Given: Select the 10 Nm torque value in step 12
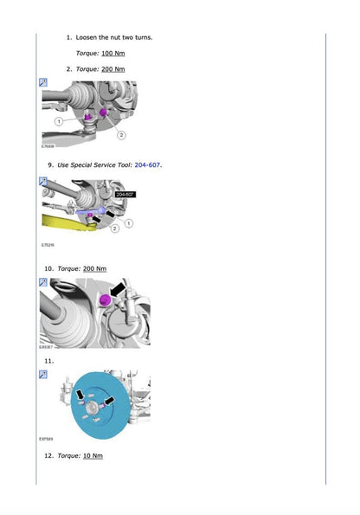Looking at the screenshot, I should point(93,455).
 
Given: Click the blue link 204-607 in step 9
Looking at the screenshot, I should point(147,164).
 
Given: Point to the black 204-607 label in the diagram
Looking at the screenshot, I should point(125,195).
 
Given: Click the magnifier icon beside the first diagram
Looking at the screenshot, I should point(43,83).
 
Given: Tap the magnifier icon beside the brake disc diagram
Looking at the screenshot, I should point(43,374).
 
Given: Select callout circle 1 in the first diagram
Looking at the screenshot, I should point(59,122).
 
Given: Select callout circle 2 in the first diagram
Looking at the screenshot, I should point(121,135).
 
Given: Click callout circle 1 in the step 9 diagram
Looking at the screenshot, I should point(129,222).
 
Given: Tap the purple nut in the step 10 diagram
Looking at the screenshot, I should point(106,299).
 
